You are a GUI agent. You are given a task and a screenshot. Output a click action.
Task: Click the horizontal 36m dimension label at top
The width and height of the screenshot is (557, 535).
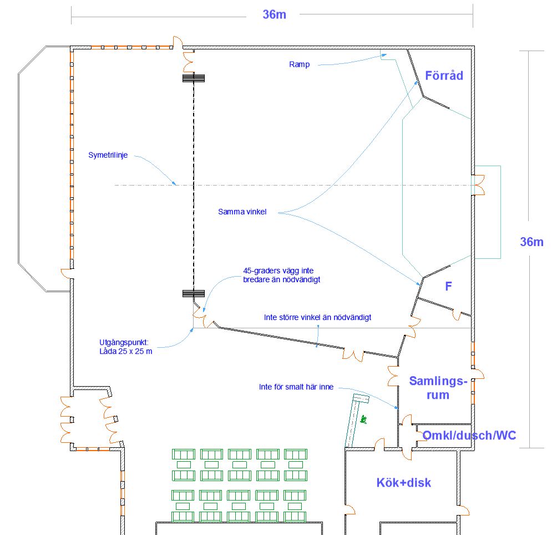pyautogui.click(x=274, y=15)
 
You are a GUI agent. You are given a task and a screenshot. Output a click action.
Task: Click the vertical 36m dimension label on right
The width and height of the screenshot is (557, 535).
pyautogui.click(x=531, y=242)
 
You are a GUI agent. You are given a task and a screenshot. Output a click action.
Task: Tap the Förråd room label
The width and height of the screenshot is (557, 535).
pyautogui.click(x=444, y=76)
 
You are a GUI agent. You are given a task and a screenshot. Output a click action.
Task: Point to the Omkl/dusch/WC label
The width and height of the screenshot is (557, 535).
pyautogui.click(x=469, y=435)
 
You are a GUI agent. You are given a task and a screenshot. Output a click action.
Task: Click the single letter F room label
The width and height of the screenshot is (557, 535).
pyautogui.click(x=448, y=287)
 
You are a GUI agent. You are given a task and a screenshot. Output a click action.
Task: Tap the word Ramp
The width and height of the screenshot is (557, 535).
pyautogui.click(x=299, y=64)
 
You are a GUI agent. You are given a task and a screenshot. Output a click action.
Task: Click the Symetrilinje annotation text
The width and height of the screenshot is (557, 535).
pyautogui.click(x=108, y=156)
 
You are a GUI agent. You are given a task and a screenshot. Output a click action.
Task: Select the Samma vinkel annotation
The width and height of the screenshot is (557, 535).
pyautogui.click(x=242, y=212)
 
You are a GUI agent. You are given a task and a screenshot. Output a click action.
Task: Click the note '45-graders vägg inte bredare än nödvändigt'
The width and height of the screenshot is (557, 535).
pyautogui.click(x=281, y=276)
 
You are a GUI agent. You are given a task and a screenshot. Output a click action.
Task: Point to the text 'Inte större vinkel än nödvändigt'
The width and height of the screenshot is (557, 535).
pyautogui.click(x=317, y=317)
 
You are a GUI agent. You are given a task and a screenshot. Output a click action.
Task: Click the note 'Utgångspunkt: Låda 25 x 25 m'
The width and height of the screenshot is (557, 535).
pyautogui.click(x=125, y=347)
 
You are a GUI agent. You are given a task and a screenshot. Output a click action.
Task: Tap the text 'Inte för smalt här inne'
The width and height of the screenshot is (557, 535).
pyautogui.click(x=296, y=387)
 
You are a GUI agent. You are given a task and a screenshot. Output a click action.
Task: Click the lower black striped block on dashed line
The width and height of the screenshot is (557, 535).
pyautogui.click(x=194, y=293)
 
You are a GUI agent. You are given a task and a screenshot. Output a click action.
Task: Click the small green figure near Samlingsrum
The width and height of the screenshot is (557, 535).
pyautogui.click(x=364, y=418)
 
